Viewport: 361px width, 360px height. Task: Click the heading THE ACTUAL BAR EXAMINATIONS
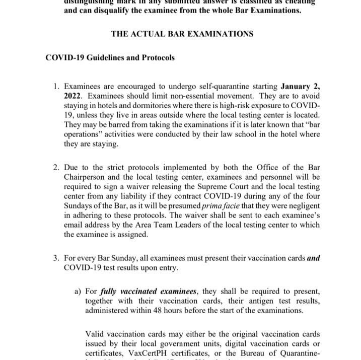[x=182, y=34]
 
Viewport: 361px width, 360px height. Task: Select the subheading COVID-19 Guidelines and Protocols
[x=110, y=57]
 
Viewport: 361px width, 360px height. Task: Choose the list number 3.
[x=55, y=259]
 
